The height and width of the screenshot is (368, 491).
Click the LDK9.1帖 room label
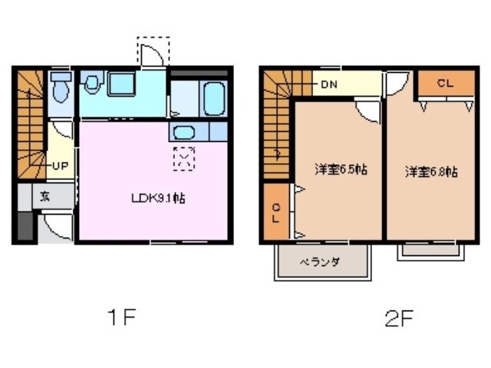click(x=157, y=197)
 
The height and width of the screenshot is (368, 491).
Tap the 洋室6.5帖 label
click(x=339, y=169)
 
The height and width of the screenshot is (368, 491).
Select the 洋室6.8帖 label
click(x=432, y=171)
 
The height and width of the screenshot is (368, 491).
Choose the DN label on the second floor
click(x=329, y=84)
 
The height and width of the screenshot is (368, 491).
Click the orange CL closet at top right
click(x=444, y=84)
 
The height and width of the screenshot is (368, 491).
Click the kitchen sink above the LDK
click(x=185, y=132)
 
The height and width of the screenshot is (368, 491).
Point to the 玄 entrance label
click(x=45, y=195)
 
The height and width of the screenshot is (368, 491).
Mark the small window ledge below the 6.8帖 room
click(x=428, y=251)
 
